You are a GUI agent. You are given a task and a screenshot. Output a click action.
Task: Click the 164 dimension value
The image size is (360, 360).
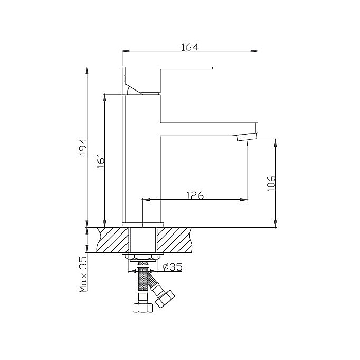click(190, 47)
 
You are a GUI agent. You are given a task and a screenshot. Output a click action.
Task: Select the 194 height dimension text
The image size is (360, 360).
click(83, 147)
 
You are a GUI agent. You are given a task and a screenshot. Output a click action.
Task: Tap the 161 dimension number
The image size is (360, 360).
click(101, 160)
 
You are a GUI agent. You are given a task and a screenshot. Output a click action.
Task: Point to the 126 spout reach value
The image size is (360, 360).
click(195, 195)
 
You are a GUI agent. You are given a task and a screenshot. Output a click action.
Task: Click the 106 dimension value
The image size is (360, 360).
click(272, 183)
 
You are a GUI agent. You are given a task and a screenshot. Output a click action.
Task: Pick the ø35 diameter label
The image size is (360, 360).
click(172, 267)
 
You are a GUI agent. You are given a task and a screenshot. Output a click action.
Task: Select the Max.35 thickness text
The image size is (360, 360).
click(83, 274)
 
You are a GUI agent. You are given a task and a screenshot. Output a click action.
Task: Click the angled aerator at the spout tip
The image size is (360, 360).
click(246, 138)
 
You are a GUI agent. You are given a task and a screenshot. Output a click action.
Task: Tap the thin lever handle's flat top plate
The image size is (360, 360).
click(169, 68)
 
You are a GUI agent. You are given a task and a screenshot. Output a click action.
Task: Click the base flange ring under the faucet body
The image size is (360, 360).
click(143, 225)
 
